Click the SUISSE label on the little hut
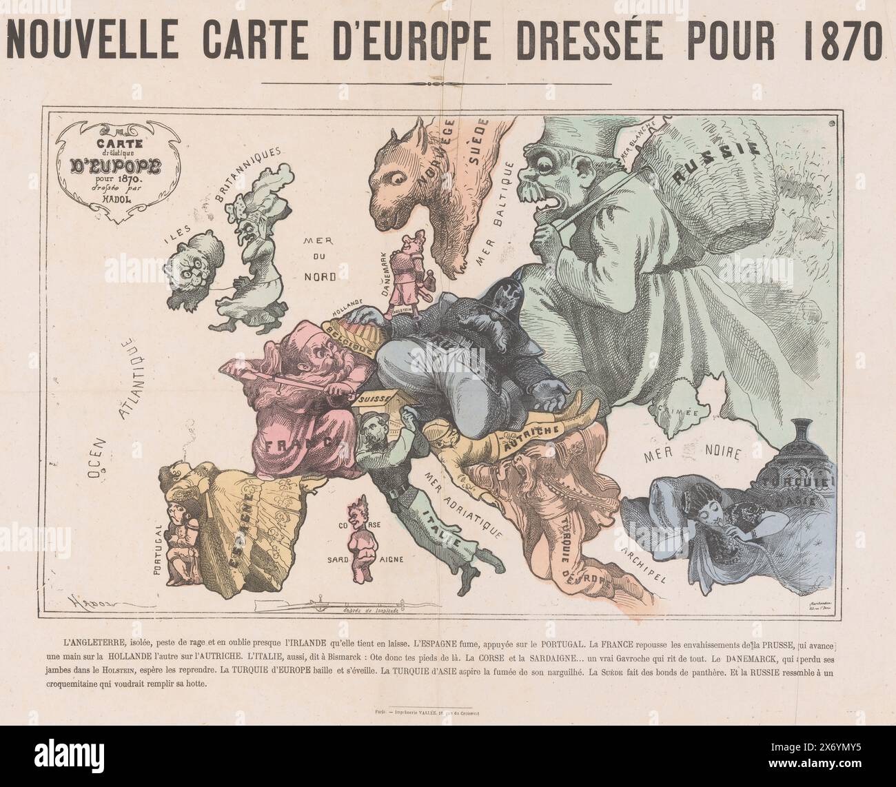[373, 399]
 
